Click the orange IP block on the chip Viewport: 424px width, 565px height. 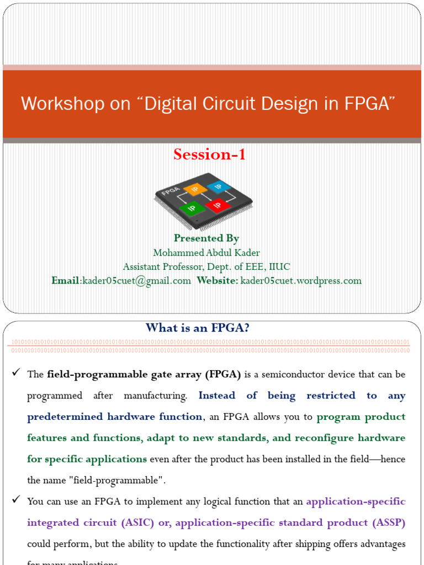pyautogui.click(x=194, y=190)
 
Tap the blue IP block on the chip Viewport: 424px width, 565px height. pyautogui.click(x=218, y=186)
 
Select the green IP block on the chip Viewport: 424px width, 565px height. pyautogui.click(x=191, y=209)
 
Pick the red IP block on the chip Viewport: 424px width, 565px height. pyautogui.click(x=216, y=205)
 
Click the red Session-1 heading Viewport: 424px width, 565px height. pyautogui.click(x=209, y=155)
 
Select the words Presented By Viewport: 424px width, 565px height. pyautogui.click(x=206, y=238)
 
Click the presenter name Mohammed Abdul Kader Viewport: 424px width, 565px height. pyautogui.click(x=206, y=253)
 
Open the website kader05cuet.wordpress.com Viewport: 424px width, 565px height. pyautogui.click(x=301, y=281)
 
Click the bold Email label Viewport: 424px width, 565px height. pyautogui.click(x=66, y=281)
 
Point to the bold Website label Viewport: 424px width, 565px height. pyautogui.click(x=217, y=281)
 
